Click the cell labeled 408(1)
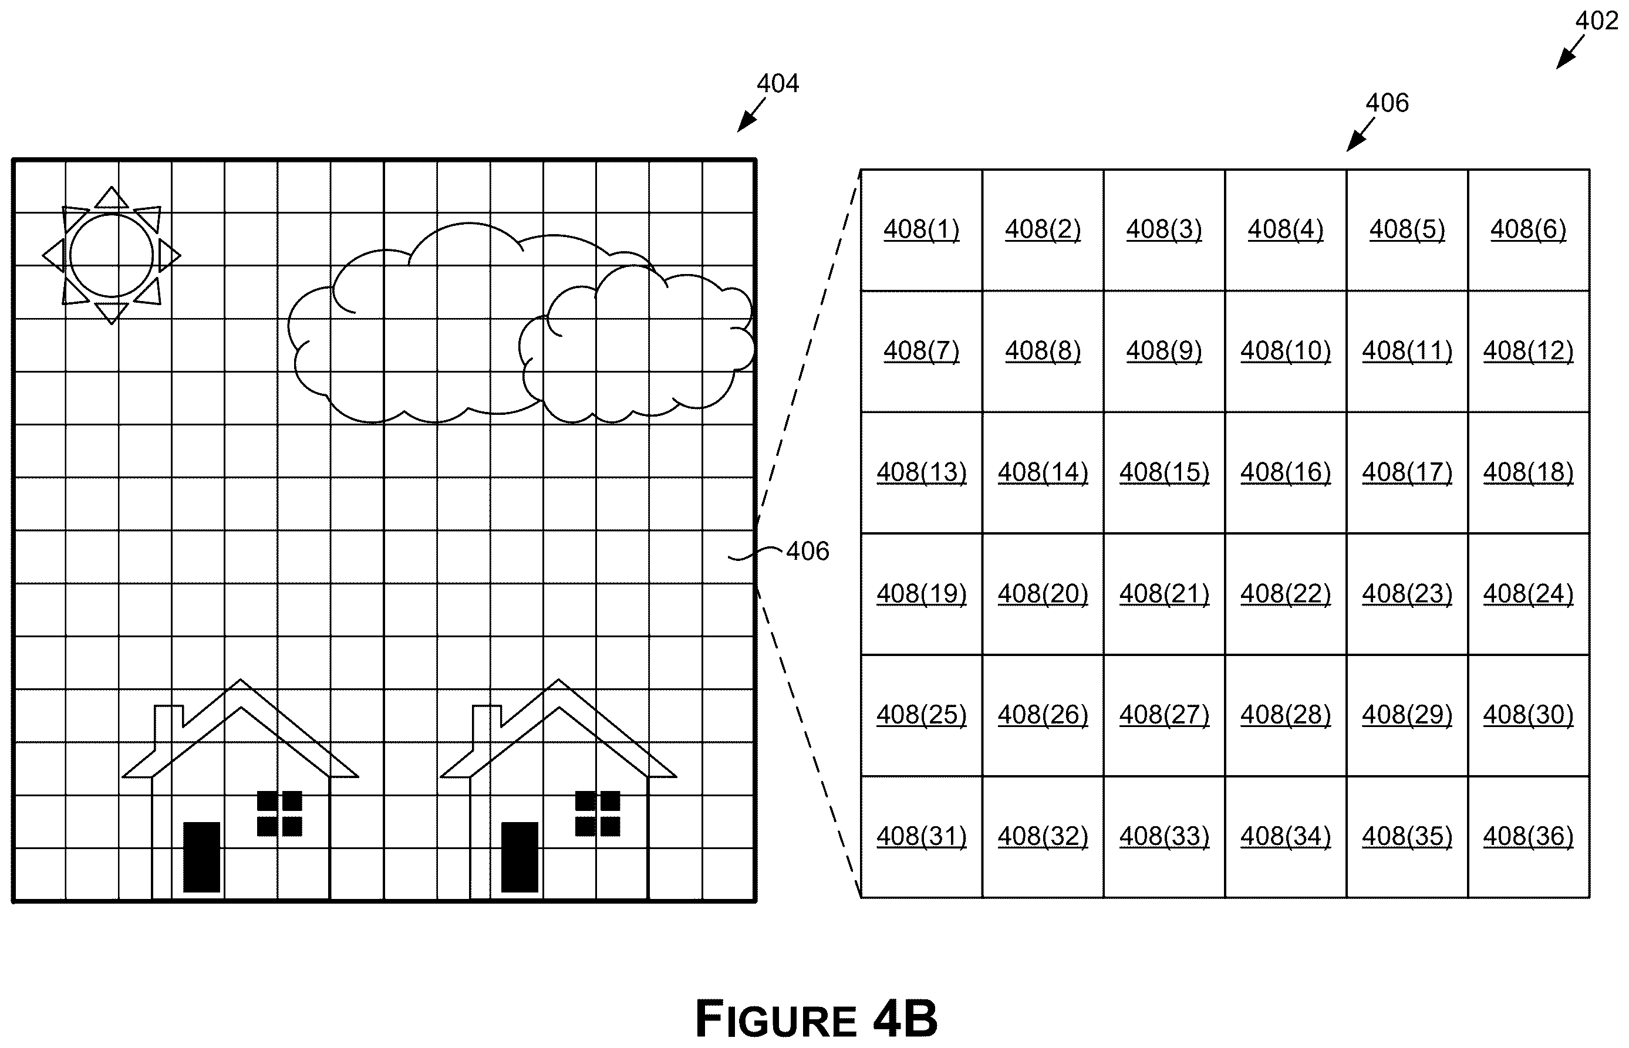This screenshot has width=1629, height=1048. point(921,230)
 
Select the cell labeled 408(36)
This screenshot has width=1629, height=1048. point(1528,837)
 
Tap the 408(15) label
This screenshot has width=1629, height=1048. point(1164,472)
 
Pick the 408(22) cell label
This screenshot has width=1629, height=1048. point(1285,594)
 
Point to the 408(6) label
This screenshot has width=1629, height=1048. point(1528,230)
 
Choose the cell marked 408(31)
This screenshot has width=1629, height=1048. point(921,837)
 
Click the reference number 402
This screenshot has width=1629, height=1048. point(1596,21)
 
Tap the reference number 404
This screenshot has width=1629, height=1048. point(777,84)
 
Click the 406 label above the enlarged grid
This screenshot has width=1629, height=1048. point(1387,103)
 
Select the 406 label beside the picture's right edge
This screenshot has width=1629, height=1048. point(807,551)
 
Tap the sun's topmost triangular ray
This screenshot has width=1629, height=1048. point(112,197)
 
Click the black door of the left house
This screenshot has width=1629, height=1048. point(201,857)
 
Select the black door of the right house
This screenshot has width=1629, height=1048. point(520,857)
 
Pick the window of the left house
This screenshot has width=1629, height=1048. point(279,813)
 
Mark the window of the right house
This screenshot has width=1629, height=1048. point(598,813)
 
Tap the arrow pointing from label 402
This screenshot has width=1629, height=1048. point(1570,52)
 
